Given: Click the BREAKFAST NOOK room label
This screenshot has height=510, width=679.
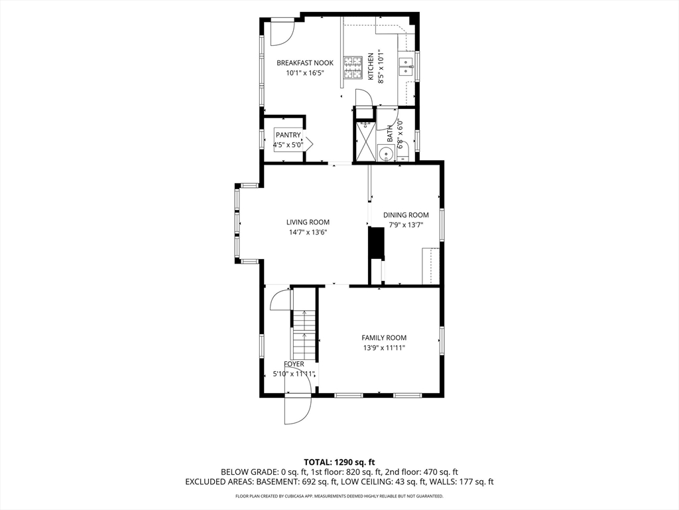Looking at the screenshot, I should tap(305, 63).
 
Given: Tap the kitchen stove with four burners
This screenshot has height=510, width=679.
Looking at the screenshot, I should tap(352, 66).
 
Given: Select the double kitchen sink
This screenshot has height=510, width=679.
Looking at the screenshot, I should tap(406, 64).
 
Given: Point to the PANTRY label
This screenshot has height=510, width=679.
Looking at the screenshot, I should tap(288, 135).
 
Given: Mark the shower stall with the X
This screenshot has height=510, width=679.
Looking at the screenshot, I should tap(365, 141).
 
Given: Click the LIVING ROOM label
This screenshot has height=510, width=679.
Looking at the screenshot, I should tap(308, 222).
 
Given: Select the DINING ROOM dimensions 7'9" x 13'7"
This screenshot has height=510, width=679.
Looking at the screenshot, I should tap(406, 225).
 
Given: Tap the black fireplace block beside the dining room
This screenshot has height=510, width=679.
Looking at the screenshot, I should tap(376, 243).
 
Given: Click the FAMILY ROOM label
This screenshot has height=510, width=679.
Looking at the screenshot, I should tap(384, 338).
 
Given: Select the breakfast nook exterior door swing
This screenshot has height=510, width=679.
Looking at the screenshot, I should tap(282, 33).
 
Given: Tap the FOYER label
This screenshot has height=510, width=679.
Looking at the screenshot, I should tap(294, 365).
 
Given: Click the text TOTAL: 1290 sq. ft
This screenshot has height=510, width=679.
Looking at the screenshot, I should tap(339, 462).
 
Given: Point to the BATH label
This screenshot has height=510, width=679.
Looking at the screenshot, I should tap(390, 133).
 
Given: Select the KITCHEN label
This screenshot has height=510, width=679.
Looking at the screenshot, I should tap(371, 66).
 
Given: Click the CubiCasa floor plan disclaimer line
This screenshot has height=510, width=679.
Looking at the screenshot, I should tap(339, 496).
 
